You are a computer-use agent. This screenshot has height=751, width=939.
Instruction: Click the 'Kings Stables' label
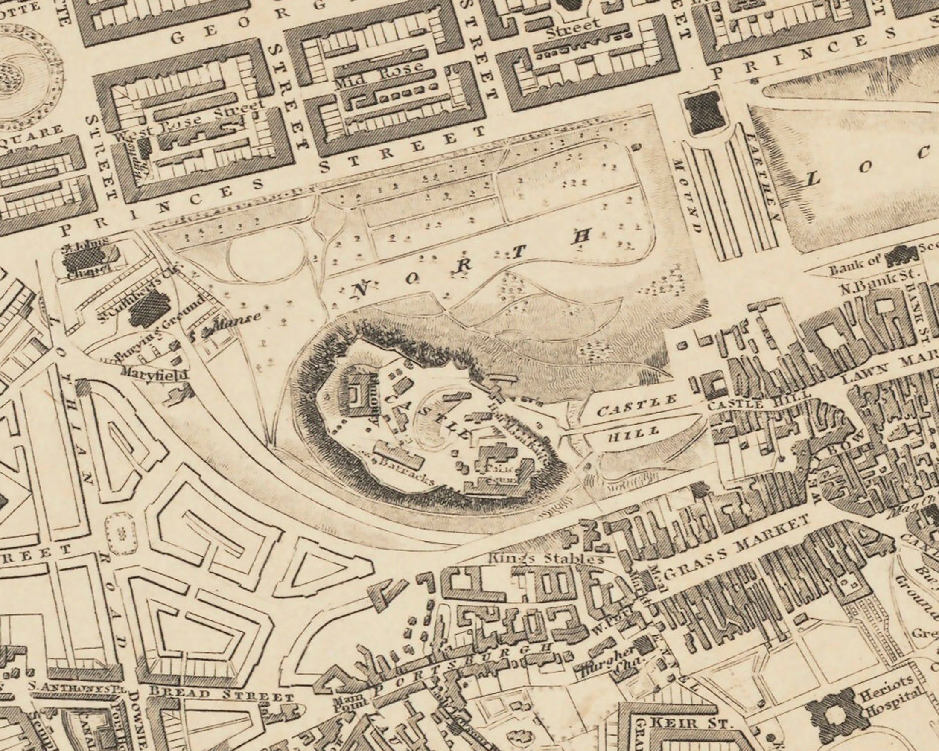(547, 559)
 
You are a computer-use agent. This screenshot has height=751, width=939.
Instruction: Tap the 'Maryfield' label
(155, 373)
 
